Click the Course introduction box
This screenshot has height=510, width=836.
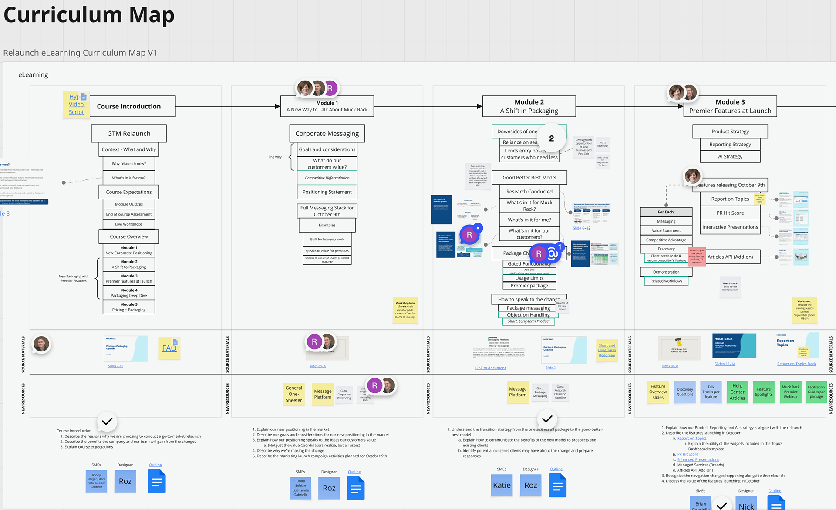[x=129, y=106]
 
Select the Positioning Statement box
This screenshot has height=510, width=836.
[x=327, y=192]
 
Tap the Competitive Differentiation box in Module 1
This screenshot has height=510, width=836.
[x=327, y=178]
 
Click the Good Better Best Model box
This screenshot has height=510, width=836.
[x=529, y=178]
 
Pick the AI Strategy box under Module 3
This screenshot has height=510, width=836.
[x=730, y=157]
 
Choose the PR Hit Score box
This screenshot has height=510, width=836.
[x=730, y=213]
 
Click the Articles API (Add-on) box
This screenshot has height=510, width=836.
[x=730, y=257]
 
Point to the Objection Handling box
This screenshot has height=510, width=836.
[x=528, y=315]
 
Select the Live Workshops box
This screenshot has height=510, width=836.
[x=129, y=224]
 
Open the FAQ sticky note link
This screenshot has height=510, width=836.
[x=169, y=348]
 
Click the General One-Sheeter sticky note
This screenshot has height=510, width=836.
[x=294, y=394]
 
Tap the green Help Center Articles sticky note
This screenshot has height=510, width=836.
[x=737, y=392]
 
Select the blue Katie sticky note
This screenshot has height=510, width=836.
[x=502, y=485]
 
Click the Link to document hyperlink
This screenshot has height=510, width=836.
[x=490, y=368]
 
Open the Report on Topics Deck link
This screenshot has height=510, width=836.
[x=796, y=364]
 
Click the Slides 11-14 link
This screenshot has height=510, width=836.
[x=725, y=364]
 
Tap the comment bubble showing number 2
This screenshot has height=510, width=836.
[x=551, y=138]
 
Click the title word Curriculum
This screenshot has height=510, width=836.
[x=63, y=15]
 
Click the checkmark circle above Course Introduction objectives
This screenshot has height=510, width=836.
[x=107, y=421]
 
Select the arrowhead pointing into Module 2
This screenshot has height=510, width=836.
[x=479, y=106]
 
